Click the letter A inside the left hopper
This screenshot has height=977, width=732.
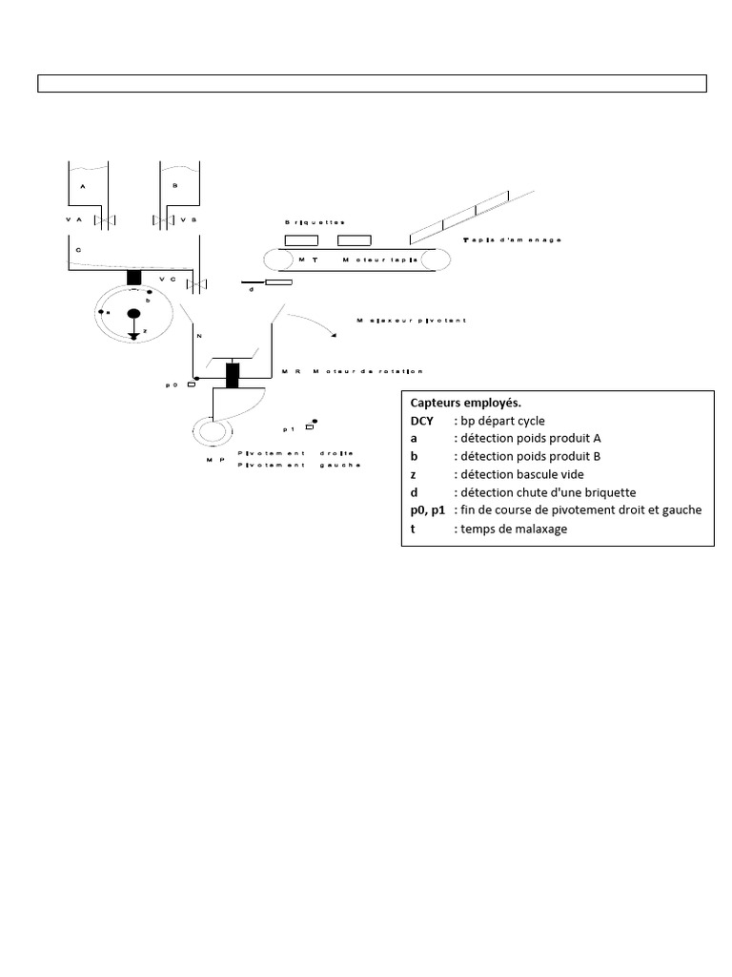(83, 187)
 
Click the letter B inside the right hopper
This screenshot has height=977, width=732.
(175, 187)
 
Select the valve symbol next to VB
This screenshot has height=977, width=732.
(164, 220)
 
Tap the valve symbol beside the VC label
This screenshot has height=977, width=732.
(196, 283)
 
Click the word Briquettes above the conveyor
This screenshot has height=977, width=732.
(315, 221)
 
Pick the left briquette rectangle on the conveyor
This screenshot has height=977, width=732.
(302, 239)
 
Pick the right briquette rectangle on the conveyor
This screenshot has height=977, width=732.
(354, 239)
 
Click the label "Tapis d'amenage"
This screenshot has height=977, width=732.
(511, 239)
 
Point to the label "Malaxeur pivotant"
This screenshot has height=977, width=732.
(411, 321)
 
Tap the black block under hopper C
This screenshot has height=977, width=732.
(134, 278)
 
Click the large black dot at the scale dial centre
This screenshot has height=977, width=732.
(134, 313)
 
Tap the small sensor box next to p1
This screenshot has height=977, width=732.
(310, 427)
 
